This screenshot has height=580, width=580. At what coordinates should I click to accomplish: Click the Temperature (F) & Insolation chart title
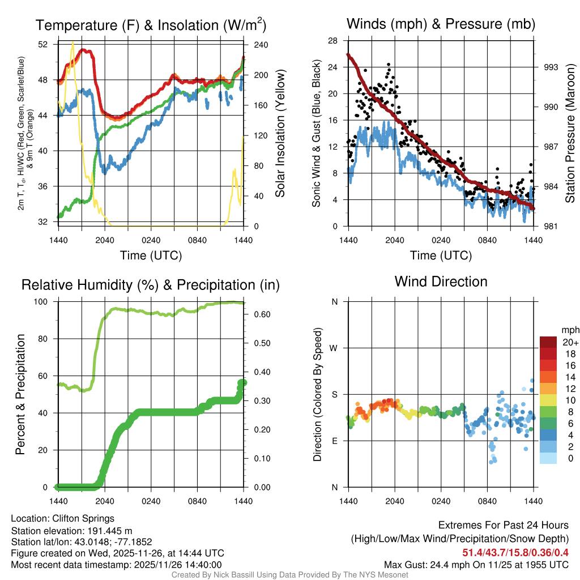click(x=151, y=25)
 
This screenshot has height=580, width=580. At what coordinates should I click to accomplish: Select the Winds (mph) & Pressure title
click(x=441, y=24)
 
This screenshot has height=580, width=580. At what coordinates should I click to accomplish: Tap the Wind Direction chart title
click(x=441, y=282)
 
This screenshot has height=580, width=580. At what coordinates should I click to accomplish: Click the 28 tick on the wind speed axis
click(x=333, y=40)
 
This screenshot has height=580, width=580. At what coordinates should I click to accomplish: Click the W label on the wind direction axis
click(x=335, y=348)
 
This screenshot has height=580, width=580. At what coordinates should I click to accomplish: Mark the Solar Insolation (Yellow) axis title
click(x=280, y=133)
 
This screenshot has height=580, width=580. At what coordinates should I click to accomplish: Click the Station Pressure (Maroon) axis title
click(x=570, y=133)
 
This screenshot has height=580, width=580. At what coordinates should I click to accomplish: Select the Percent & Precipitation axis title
click(x=20, y=394)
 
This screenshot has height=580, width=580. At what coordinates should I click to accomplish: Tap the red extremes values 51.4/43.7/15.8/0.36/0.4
click(x=516, y=552)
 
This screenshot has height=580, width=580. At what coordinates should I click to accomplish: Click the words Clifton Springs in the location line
click(x=83, y=518)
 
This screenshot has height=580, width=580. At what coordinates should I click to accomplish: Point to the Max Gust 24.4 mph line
click(x=476, y=565)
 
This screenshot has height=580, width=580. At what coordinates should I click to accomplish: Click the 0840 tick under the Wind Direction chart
click(x=488, y=501)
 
